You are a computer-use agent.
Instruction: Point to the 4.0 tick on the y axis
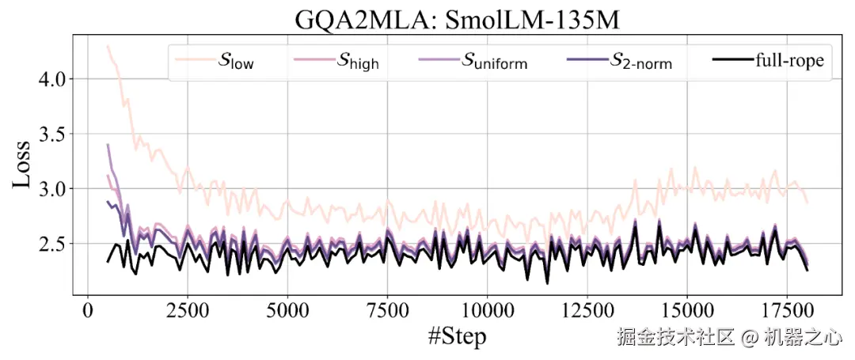pos(54,79)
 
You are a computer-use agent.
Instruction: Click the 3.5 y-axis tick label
pos(54,134)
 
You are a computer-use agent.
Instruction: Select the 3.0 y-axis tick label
pos(54,188)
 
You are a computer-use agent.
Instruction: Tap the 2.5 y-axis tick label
pos(54,243)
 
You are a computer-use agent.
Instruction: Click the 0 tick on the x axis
pos(87,309)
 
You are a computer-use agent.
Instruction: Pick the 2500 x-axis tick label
pos(187,309)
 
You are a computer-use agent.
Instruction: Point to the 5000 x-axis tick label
pos(287,309)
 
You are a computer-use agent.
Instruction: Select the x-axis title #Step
pos(457,337)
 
